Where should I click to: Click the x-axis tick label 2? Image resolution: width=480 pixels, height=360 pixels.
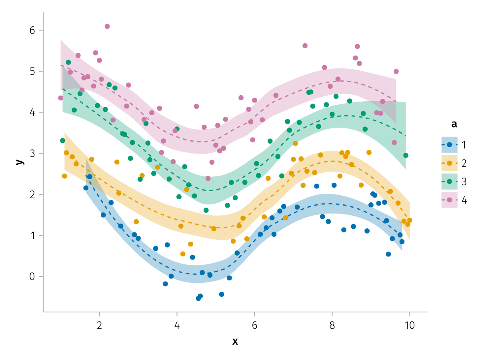(x=99, y=324)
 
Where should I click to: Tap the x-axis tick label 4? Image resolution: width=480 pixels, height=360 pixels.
(x=177, y=324)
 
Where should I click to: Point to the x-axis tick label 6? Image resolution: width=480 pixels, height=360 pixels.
(x=254, y=324)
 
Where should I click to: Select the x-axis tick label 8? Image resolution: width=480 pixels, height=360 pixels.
(x=332, y=324)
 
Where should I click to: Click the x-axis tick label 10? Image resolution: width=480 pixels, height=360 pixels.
(x=409, y=324)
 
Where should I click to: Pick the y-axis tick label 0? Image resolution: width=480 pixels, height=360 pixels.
(x=32, y=276)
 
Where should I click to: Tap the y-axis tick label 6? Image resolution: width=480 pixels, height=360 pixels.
(x=32, y=30)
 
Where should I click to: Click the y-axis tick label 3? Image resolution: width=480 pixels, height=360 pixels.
(x=32, y=154)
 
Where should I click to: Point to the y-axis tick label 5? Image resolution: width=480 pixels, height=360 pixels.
(x=32, y=72)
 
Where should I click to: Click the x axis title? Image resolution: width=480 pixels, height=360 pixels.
(x=235, y=341)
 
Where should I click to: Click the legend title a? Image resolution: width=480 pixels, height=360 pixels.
(x=454, y=124)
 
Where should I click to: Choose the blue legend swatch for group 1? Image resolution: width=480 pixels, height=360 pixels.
(x=449, y=144)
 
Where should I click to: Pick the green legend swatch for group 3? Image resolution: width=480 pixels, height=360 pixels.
(x=449, y=181)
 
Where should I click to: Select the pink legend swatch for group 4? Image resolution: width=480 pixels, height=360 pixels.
(x=449, y=200)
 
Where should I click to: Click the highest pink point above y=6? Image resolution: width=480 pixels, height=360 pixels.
(x=107, y=26)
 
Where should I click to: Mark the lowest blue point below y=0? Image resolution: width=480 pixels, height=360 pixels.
(x=198, y=298)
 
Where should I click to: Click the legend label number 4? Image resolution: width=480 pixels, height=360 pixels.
(x=464, y=200)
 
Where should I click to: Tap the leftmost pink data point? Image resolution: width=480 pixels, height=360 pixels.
(x=60, y=98)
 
